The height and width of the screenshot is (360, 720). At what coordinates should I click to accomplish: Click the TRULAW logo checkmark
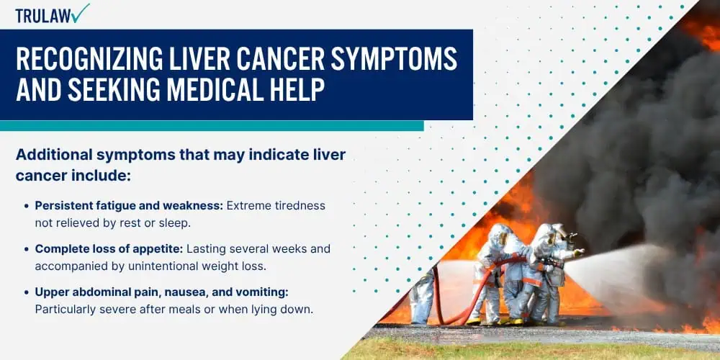point(81,13)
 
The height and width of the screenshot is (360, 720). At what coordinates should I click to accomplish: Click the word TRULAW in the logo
point(43,16)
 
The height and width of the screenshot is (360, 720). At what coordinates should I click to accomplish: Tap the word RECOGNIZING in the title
point(86,58)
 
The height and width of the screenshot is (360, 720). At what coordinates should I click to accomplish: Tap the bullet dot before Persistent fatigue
point(27,206)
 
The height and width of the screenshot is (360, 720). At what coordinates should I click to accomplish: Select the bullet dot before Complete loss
point(27,249)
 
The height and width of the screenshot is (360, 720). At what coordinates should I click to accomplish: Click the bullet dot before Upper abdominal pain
point(27,292)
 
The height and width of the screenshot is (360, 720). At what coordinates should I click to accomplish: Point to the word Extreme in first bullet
point(246,206)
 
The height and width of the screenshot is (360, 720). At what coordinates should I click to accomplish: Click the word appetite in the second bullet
point(161,249)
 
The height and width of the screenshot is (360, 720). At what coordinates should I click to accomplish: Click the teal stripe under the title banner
point(212,126)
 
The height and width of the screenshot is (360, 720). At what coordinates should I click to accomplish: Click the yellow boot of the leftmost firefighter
point(474,321)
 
